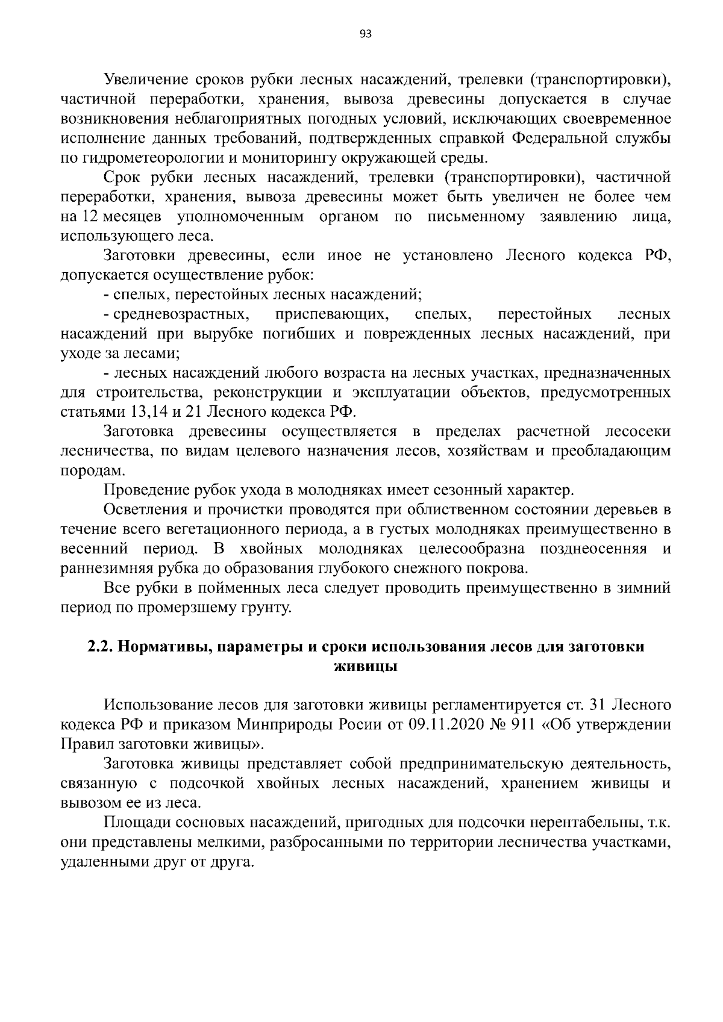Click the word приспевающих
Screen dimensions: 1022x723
click(x=330, y=315)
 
